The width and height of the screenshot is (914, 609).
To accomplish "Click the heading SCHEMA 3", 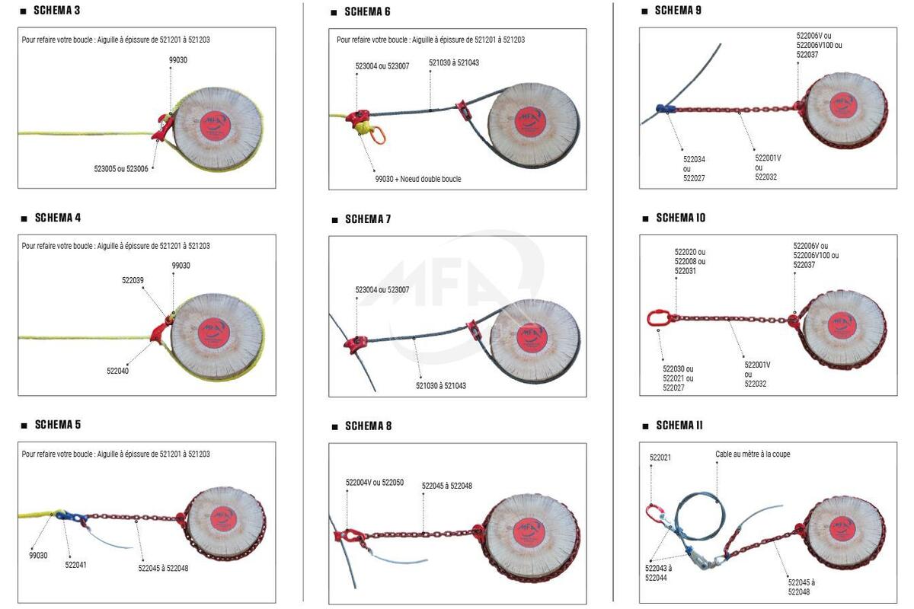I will point(57,11).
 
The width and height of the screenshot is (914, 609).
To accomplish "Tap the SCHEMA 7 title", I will point(368,219).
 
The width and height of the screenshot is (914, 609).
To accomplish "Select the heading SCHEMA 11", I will point(679,426).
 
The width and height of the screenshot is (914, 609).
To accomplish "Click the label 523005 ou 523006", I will point(121,169).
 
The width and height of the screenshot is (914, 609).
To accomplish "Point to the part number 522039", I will point(133,280).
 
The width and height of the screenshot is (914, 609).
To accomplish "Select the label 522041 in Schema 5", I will point(75,565).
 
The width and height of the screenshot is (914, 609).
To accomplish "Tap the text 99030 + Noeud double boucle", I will point(418,179).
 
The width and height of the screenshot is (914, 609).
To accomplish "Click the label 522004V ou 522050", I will point(375,483).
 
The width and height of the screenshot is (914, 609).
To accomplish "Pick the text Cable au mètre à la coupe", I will point(753,454).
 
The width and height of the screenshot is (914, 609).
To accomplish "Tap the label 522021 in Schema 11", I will point(660,458).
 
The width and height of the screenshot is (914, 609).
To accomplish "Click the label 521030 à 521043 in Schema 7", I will point(440,386).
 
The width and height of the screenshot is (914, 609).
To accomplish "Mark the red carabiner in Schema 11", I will point(654,514).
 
